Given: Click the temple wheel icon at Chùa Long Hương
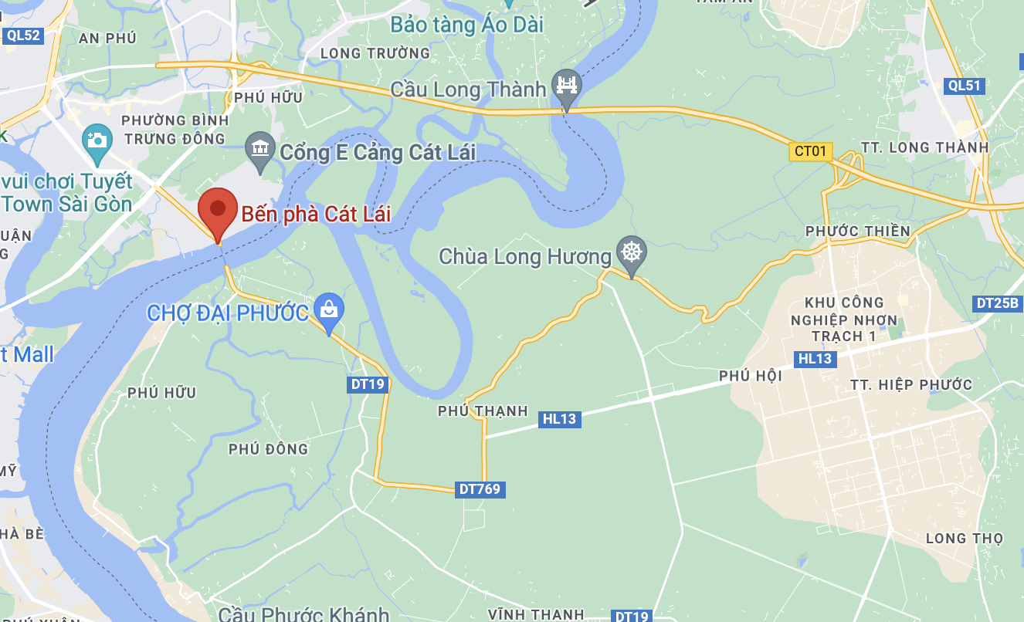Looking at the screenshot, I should coord(632,252).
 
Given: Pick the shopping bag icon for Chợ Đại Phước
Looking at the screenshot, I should coord(330,309).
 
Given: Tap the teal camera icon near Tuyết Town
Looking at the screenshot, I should coord(97,140).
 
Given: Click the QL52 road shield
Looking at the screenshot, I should coord(22,35).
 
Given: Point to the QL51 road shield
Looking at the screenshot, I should coord(965,86).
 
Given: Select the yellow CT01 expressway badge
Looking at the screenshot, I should coord(810,150).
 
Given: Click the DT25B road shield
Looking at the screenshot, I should coord(998,303).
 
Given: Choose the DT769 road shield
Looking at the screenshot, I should coord(480,488).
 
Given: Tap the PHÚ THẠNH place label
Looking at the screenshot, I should coord(483,411).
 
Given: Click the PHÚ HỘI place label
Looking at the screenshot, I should coord(750,376).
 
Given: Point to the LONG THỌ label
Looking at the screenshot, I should coord(964,538).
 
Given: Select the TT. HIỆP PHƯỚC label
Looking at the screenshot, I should coord(910,384).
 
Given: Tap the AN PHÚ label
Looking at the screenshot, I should coord(107,38).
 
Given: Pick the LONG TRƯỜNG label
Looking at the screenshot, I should coord(375,52).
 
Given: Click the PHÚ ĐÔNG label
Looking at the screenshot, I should coord(268,448).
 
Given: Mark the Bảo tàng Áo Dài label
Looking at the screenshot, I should coord(466,25).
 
